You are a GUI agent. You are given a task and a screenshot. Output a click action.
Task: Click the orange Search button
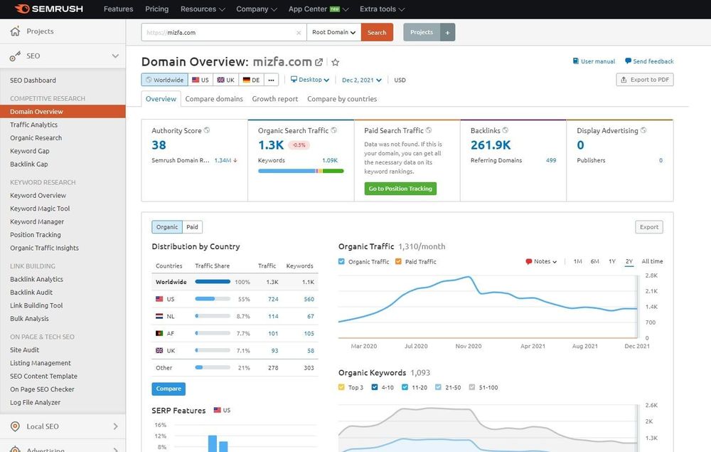pos(377,32)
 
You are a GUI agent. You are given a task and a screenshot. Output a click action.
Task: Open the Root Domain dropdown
pos(333,32)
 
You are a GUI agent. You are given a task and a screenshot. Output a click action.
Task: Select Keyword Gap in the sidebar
pos(30,151)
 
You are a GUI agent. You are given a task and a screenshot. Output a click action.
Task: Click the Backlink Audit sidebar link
pos(31,293)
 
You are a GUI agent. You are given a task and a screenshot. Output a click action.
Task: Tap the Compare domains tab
pos(214,99)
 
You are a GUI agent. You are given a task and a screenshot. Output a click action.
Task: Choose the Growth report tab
pos(275,99)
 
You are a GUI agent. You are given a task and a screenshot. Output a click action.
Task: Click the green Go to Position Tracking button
pos(400,189)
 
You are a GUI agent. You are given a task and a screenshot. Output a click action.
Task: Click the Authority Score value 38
pos(159,145)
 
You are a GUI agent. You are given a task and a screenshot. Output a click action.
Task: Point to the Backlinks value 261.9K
pos(491,145)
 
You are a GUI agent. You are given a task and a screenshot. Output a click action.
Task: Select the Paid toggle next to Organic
pos(193,227)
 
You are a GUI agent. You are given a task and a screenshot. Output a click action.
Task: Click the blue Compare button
pos(169,389)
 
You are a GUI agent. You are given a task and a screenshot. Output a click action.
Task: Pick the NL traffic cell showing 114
pos(273,316)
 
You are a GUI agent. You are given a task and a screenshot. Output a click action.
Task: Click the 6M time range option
pos(594,261)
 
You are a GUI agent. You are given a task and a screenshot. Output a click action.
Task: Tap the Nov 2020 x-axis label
pos(469,346)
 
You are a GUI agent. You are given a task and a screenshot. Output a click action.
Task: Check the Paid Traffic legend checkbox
pos(400,262)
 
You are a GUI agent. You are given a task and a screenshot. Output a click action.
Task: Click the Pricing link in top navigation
pos(157,9)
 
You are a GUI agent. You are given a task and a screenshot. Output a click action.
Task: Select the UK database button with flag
pos(225,80)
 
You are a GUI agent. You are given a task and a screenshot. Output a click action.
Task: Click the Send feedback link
pos(649,61)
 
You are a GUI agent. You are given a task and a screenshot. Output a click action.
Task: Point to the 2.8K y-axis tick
pos(651,275)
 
